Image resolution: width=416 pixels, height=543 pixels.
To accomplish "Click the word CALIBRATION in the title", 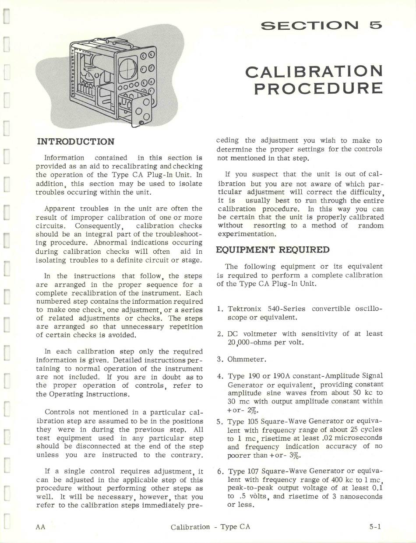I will pos(314,71).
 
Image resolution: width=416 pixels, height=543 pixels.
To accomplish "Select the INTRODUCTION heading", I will pos(75,141).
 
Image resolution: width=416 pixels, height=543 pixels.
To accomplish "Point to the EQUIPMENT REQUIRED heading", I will pos(272,250).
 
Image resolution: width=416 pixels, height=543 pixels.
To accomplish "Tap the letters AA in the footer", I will pos(40,526).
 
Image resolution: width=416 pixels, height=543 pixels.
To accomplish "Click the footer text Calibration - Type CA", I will pos(210,526).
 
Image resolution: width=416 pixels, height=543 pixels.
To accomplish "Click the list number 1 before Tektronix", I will pos(220,309).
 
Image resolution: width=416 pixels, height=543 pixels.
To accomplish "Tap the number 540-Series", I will pos(286,309).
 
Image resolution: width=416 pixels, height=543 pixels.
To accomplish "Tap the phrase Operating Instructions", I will pos(90,394).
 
